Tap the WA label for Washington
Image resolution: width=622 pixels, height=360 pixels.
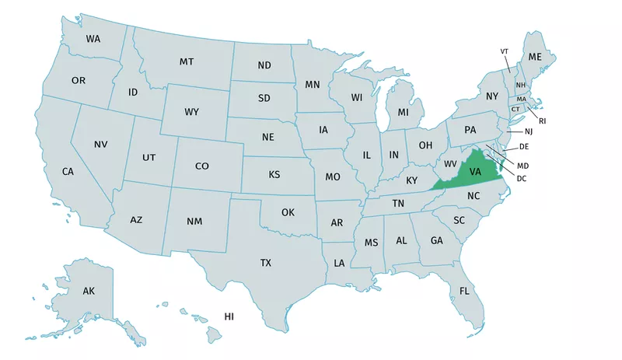pyautogui.click(x=93, y=39)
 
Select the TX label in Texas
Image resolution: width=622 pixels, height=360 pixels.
pyautogui.click(x=266, y=264)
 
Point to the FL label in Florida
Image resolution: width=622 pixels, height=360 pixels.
pyautogui.click(x=464, y=292)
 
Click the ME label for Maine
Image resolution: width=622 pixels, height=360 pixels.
pyautogui.click(x=535, y=58)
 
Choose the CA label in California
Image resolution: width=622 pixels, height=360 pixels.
pyautogui.click(x=68, y=171)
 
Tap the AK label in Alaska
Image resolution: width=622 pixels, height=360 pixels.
pyautogui.click(x=89, y=291)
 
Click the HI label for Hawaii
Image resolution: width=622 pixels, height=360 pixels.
pyautogui.click(x=229, y=316)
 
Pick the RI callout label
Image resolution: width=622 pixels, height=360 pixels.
pyautogui.click(x=543, y=121)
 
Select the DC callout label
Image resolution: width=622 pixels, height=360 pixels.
pyautogui.click(x=522, y=179)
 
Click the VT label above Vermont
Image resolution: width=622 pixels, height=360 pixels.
pyautogui.click(x=504, y=51)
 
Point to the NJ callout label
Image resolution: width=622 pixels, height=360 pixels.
pyautogui.click(x=529, y=132)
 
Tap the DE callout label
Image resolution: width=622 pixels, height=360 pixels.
pyautogui.click(x=524, y=146)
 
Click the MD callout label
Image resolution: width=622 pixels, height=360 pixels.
pyautogui.click(x=522, y=166)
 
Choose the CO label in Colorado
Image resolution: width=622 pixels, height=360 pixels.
pyautogui.click(x=202, y=166)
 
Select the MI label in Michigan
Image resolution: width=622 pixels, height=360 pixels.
pyautogui.click(x=403, y=113)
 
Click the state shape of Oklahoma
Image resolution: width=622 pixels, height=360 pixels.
pyautogui.click(x=288, y=211)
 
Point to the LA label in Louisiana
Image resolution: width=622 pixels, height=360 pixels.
pyautogui.click(x=339, y=264)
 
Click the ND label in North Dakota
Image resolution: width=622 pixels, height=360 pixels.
pyautogui.click(x=264, y=65)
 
